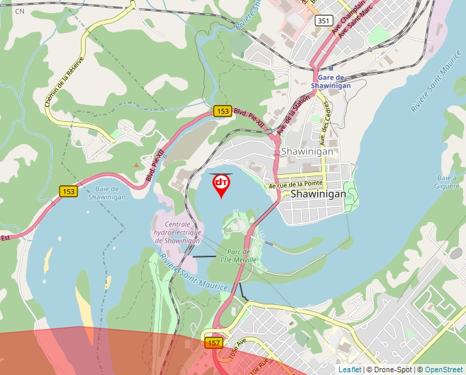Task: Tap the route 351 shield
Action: point(324,21)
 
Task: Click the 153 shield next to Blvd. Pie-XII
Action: point(222,110)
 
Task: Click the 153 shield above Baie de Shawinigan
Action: point(67,191)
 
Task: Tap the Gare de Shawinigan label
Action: point(330,82)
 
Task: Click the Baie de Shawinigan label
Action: point(106,193)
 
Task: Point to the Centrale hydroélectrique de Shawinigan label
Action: point(177,232)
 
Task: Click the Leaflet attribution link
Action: point(349,370)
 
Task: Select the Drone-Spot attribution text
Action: point(389,370)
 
